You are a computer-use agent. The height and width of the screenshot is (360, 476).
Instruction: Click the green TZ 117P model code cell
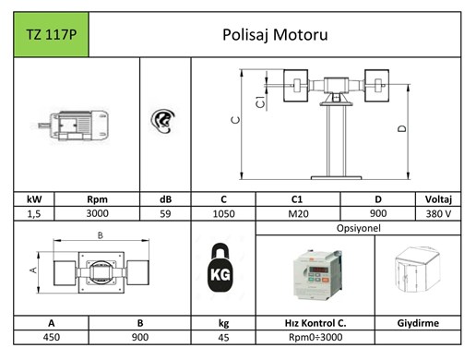click(52, 34)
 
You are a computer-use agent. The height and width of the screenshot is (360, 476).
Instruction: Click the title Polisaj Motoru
click(275, 34)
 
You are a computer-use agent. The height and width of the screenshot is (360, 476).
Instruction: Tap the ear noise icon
click(163, 121)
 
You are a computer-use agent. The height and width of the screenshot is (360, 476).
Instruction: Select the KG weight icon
click(220, 268)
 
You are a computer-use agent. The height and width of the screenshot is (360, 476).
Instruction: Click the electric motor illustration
click(73, 126)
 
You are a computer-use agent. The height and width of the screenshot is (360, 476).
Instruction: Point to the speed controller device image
click(316, 274)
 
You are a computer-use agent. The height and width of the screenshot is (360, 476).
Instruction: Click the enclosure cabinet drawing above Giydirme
click(418, 269)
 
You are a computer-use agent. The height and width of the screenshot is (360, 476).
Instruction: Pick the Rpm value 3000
click(97, 213)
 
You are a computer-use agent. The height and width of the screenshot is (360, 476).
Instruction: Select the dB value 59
click(165, 213)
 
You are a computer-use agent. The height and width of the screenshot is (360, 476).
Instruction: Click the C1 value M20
click(298, 213)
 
